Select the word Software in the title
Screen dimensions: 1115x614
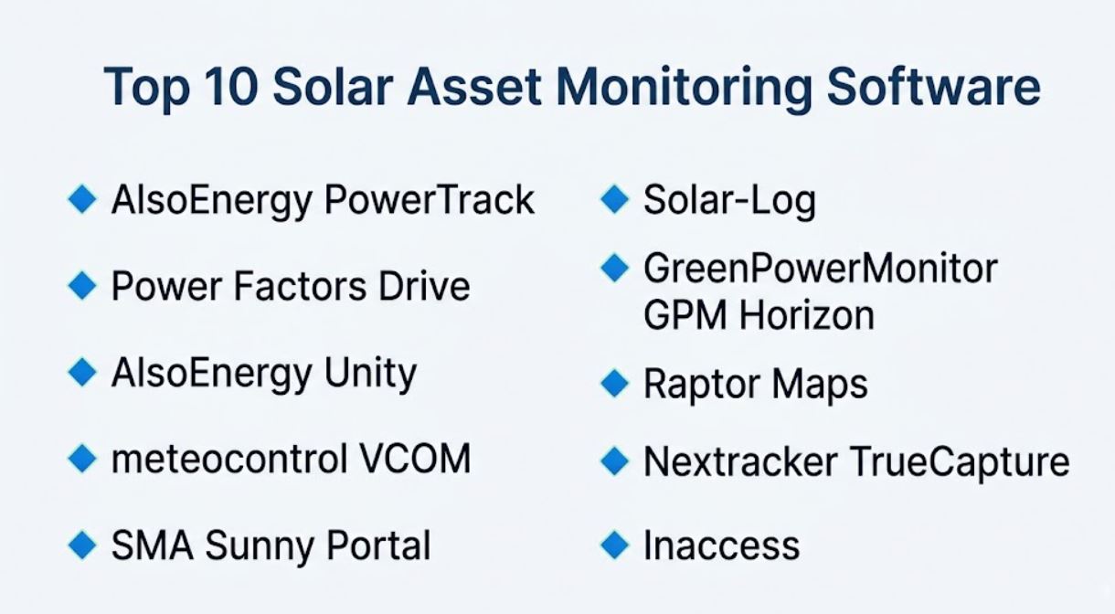tap(933, 86)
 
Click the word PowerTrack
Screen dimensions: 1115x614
tap(429, 199)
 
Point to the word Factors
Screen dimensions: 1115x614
tap(300, 286)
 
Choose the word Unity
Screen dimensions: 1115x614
tap(370, 376)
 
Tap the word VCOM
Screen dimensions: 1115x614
tap(415, 459)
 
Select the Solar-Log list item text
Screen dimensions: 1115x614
tap(729, 201)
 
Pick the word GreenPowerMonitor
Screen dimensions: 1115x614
tap(821, 269)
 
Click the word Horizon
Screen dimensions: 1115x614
tap(806, 315)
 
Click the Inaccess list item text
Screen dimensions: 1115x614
tap(722, 545)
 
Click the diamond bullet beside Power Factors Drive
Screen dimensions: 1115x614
tap(82, 286)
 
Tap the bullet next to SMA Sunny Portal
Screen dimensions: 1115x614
tap(82, 545)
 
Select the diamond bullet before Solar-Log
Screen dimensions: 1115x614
tap(615, 199)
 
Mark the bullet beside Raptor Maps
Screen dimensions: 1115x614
tap(615, 383)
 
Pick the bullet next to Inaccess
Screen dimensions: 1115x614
tap(615, 545)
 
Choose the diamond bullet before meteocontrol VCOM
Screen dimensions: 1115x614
tap(82, 459)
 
